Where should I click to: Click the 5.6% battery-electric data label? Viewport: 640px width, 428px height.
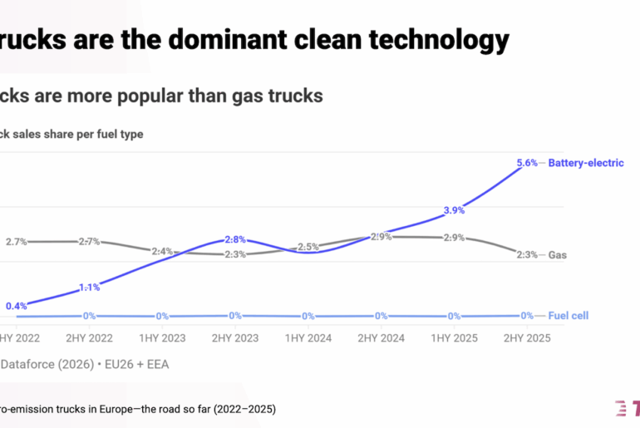[526, 163]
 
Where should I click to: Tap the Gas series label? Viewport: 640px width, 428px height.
[557, 255]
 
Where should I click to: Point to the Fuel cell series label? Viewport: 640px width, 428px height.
[569, 316]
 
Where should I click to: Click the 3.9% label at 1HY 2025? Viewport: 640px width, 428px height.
[454, 210]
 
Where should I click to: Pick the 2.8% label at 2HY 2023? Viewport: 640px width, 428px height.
[235, 240]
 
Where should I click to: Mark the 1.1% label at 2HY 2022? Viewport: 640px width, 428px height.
[89, 288]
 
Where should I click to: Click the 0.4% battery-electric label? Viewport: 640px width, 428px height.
[17, 306]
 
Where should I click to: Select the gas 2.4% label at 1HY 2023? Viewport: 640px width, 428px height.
[162, 251]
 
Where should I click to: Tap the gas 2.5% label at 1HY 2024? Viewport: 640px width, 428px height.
[308, 247]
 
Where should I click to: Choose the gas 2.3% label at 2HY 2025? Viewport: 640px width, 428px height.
[526, 255]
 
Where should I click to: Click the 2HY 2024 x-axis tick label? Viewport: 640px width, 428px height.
[381, 338]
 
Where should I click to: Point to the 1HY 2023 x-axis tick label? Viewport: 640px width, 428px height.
[162, 338]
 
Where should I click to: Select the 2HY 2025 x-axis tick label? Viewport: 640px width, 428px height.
[526, 338]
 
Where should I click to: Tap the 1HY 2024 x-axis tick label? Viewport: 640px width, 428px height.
[308, 338]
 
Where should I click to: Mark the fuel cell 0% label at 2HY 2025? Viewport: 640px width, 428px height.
[526, 316]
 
